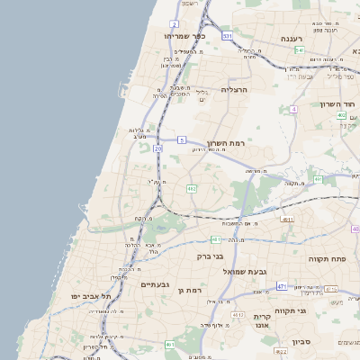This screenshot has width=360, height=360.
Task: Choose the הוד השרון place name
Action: (x=338, y=104)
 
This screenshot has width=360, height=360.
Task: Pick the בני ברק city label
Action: (x=211, y=256)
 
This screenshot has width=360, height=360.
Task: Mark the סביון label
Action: (x=301, y=341)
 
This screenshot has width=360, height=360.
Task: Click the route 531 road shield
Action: (x=228, y=36)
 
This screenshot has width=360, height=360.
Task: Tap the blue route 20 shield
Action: (x=158, y=148)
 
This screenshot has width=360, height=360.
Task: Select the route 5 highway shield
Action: (x=181, y=139)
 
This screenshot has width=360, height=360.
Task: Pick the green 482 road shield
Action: (x=192, y=189)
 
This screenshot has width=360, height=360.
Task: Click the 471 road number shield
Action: (x=282, y=286)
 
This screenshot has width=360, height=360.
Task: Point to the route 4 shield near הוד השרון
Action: (x=293, y=109)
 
